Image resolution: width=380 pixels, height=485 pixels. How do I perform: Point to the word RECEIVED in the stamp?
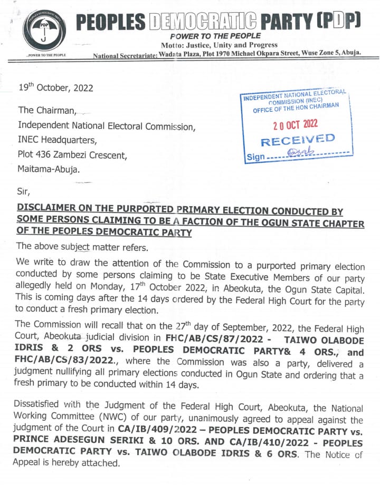298,141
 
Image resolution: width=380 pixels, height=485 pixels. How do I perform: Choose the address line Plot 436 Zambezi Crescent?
72,155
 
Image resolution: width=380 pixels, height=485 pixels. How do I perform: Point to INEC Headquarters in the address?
58,141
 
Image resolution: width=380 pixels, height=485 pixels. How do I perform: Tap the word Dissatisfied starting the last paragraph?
41,408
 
